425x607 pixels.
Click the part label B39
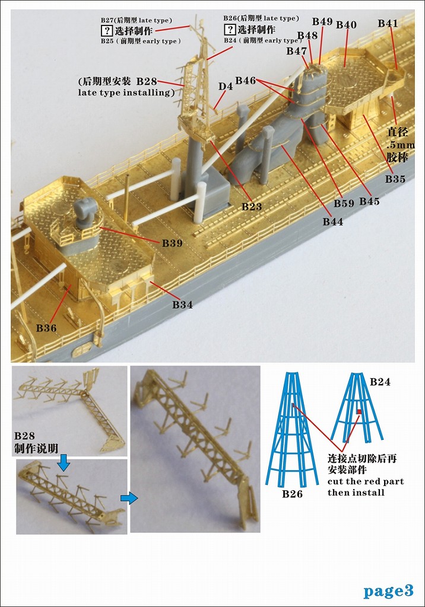(x=172, y=243)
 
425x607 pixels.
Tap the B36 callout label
(x=46, y=328)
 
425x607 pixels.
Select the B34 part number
(x=182, y=305)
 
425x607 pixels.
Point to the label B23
(x=252, y=207)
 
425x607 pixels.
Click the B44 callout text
(x=333, y=222)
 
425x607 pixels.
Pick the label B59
(x=344, y=203)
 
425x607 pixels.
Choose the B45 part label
(x=369, y=202)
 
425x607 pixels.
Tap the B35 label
(x=395, y=179)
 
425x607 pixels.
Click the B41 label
(x=388, y=23)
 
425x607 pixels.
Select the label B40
(x=346, y=25)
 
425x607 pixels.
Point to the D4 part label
(x=226, y=86)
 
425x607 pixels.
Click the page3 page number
(x=389, y=591)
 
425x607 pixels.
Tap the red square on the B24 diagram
(x=359, y=411)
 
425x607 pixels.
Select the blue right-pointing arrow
(x=129, y=498)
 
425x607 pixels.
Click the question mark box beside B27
(x=106, y=31)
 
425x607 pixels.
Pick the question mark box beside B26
(x=230, y=30)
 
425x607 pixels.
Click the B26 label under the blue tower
(x=292, y=494)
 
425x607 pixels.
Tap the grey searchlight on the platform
(x=85, y=215)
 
